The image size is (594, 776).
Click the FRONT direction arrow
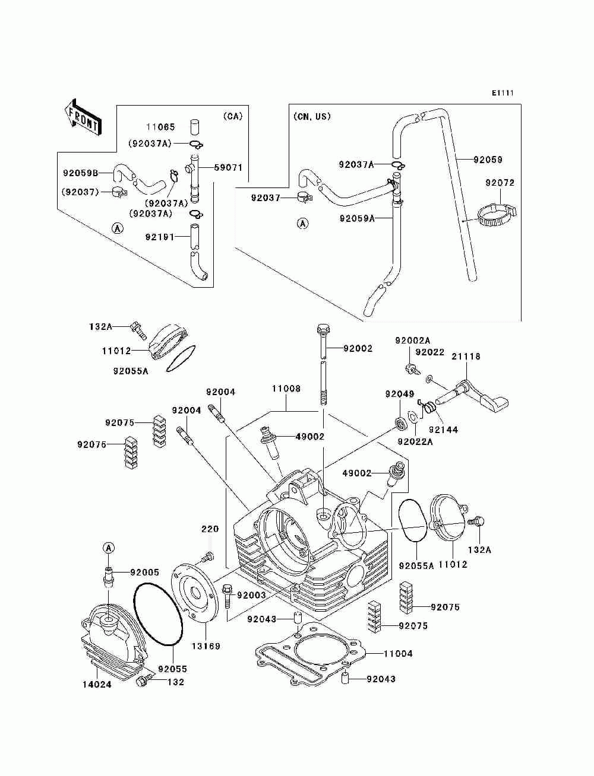click(83, 117)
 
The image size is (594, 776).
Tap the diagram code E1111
click(503, 93)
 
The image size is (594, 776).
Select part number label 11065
click(161, 126)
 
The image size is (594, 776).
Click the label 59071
click(228, 167)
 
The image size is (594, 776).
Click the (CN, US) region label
click(312, 116)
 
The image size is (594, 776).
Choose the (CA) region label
click(233, 116)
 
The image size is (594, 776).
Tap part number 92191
click(160, 237)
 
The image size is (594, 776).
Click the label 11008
click(286, 389)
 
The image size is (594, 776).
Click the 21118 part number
click(466, 357)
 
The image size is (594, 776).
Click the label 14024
click(97, 685)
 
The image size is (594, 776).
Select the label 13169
click(206, 646)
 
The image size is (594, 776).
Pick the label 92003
click(251, 595)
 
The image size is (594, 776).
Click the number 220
click(210, 529)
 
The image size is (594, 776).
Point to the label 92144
click(443, 430)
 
